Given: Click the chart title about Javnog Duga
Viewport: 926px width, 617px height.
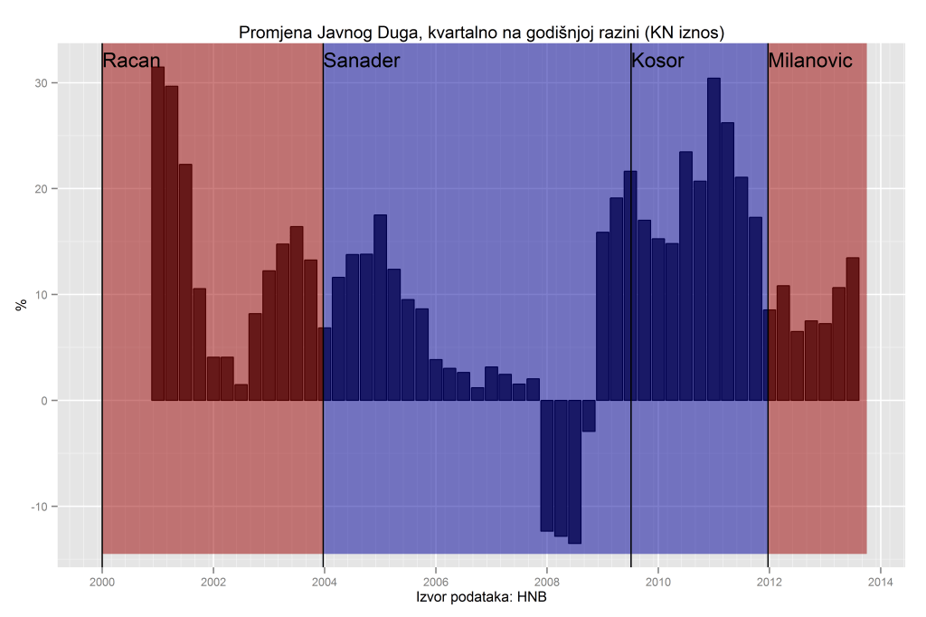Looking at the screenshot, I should point(482,33).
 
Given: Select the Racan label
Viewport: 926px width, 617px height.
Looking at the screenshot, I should point(132,62).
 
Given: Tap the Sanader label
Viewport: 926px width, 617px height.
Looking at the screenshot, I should point(362,62).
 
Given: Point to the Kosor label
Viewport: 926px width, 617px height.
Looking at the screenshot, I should point(657,62).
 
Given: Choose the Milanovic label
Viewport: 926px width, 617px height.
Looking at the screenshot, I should point(810,62).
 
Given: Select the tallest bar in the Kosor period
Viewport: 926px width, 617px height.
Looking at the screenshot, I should point(713,239).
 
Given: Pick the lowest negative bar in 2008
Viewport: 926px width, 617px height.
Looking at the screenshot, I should point(575,471).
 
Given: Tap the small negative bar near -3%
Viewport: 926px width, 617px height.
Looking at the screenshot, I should point(589,415).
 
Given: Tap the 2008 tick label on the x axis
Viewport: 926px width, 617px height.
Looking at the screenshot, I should point(546,582).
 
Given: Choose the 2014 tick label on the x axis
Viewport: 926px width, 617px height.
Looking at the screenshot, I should point(880,582).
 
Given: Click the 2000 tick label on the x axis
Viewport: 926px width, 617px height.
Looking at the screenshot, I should point(102,582).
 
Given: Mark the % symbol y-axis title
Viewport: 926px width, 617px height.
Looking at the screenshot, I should point(21,304).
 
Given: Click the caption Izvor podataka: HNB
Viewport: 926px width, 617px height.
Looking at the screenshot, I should point(481,598).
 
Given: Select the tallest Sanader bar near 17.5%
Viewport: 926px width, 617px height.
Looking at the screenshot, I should point(380,308).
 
